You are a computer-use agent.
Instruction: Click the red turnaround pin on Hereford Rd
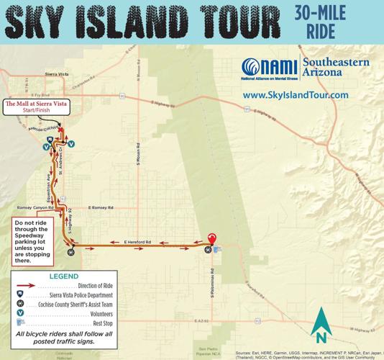(x=211, y=240)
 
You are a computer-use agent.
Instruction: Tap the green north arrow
(x=321, y=325)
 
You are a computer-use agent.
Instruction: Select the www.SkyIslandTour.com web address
(x=295, y=95)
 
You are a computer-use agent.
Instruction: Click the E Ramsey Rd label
(x=101, y=208)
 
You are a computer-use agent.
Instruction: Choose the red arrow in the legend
(x=31, y=286)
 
